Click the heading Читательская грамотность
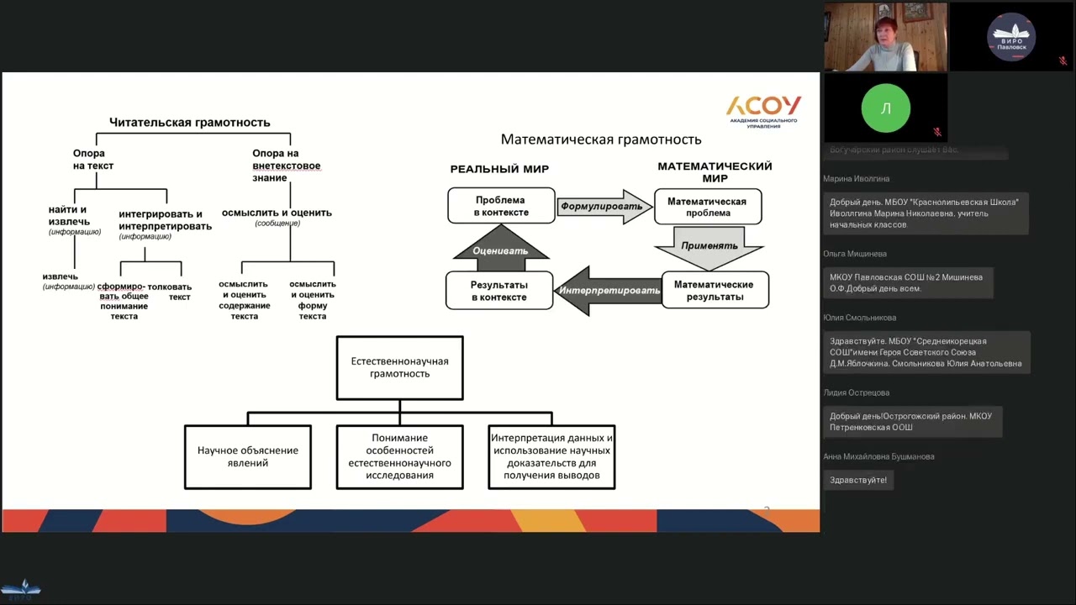point(189,123)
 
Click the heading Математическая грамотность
point(601,139)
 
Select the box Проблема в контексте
point(501,206)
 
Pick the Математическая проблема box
point(707,207)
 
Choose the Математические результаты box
point(715,290)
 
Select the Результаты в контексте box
point(499,291)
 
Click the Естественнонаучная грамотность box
point(399,368)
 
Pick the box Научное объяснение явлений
point(248,456)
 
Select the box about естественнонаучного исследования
point(399,456)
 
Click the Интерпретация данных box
point(551,456)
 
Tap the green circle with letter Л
point(885,108)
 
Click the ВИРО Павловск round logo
point(1011,37)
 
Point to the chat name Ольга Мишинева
point(855,254)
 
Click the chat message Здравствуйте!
point(857,480)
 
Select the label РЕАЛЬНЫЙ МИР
point(499,170)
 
